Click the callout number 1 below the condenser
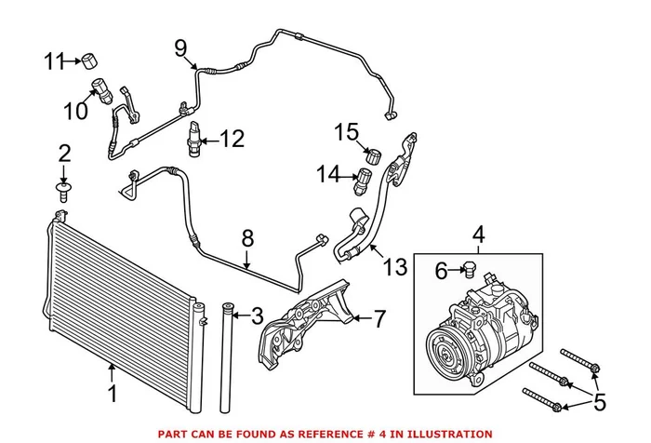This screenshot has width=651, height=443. [x=113, y=394]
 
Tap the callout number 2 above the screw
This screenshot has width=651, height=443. [x=64, y=152]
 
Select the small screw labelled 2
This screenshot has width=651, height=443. [x=64, y=194]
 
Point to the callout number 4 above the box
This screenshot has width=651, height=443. [x=480, y=234]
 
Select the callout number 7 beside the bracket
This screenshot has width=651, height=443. [x=379, y=319]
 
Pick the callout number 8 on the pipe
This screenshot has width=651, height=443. [x=247, y=239]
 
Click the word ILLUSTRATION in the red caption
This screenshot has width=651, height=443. [x=445, y=434]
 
